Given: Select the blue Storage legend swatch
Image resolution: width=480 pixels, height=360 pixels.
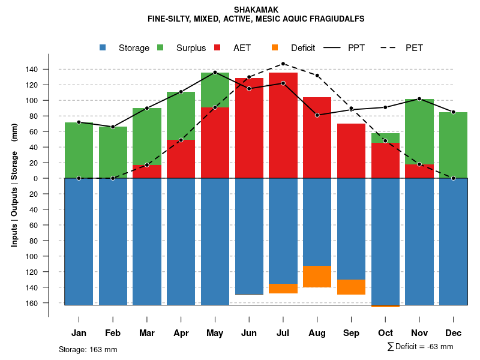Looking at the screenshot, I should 103,47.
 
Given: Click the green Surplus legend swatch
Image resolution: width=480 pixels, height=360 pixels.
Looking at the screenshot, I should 161,47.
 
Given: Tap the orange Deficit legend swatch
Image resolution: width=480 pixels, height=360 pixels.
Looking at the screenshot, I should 275,47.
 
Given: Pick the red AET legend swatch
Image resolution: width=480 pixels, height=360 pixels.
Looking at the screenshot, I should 218,47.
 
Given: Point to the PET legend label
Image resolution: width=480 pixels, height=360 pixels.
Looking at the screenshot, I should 414,48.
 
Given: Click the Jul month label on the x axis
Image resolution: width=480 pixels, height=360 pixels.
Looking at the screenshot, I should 283,333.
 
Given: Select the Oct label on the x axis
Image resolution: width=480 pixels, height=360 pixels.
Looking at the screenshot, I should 386,333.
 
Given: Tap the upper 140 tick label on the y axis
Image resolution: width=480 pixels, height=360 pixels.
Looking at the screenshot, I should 32,70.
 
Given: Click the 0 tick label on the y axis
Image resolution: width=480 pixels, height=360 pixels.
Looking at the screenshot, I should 36,178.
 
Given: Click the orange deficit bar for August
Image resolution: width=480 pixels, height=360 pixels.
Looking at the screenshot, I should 317,277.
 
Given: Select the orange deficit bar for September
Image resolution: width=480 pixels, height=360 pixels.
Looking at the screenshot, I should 352,287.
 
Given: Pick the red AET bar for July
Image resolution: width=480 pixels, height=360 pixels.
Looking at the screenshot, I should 283,125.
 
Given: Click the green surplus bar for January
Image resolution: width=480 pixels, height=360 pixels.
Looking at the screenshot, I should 79,150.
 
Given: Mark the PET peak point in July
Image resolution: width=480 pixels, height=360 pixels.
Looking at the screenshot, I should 283,64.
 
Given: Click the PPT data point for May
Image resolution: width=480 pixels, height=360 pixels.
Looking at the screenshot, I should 215,73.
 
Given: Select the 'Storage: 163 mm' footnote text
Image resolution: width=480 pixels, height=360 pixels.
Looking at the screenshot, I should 88,349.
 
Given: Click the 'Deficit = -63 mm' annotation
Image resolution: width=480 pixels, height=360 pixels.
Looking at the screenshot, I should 421,346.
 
